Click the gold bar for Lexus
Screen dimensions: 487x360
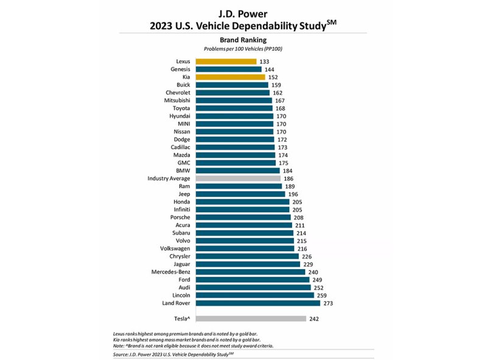[226, 62]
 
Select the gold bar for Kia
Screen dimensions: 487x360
[231, 77]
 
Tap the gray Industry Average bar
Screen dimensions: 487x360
[238, 178]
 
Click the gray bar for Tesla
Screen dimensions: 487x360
[251, 319]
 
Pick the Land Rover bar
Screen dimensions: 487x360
[258, 303]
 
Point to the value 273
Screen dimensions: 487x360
[328, 303]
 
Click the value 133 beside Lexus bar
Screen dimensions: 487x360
[264, 62]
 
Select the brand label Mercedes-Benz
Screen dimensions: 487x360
[170, 272]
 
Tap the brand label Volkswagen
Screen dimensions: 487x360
[175, 249]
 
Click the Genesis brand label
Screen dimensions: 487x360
[180, 69]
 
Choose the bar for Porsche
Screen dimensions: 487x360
[243, 217]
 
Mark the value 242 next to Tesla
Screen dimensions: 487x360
[314, 319]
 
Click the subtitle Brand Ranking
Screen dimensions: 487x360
[243, 40]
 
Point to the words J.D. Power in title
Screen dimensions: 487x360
[243, 13]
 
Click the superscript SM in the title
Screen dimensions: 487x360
[331, 23]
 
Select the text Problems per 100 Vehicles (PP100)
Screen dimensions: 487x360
[243, 49]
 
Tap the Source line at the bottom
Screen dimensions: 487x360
[173, 355]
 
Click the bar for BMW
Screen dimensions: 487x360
[237, 171]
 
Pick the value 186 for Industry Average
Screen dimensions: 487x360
[289, 178]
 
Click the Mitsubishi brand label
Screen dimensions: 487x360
[177, 101]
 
